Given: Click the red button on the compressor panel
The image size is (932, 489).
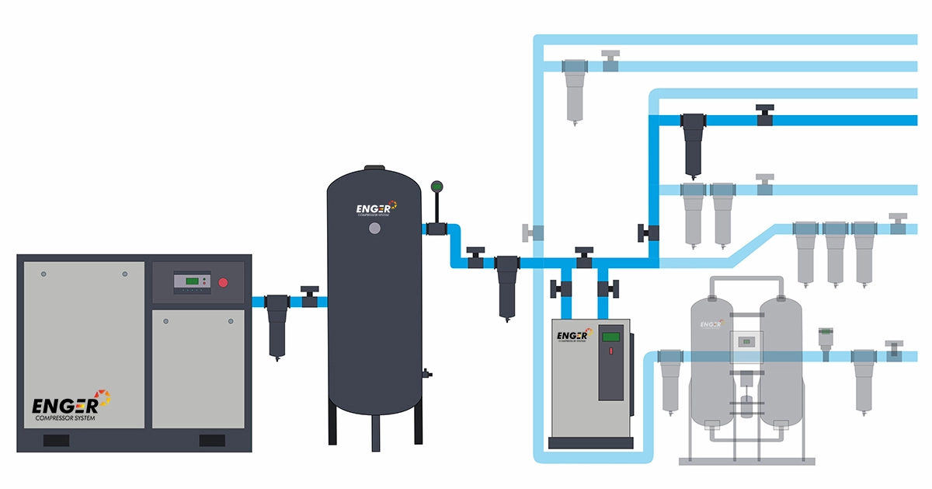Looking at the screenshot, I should pyautogui.click(x=224, y=282).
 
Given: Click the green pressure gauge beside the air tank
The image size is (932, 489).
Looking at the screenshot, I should pyautogui.click(x=436, y=187).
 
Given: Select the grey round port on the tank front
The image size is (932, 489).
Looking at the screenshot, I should pyautogui.click(x=375, y=229).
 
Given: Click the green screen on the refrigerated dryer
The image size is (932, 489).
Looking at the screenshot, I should pyautogui.click(x=612, y=337).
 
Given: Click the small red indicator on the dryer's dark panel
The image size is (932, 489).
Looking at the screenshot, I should pyautogui.click(x=611, y=351).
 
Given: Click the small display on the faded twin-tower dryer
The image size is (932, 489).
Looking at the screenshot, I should pyautogui.click(x=748, y=341).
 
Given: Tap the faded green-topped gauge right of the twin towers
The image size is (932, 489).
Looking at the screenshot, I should pyautogui.click(x=824, y=340).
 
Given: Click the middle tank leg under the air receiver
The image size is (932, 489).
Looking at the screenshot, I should pyautogui.click(x=376, y=431).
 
